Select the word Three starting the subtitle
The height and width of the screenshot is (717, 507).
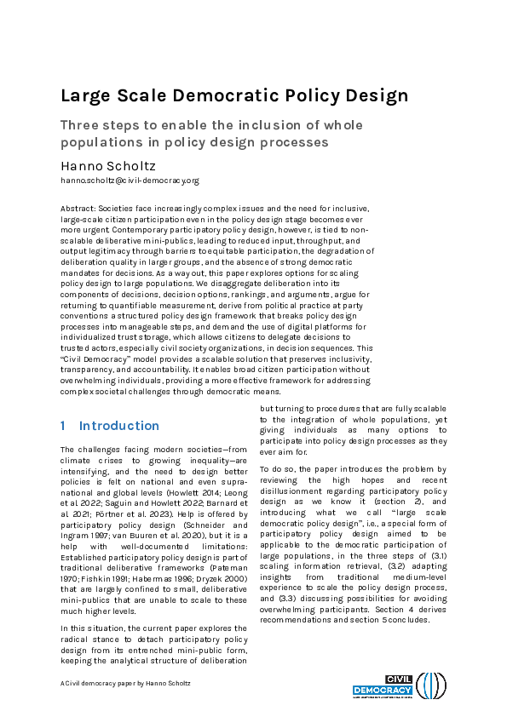78,125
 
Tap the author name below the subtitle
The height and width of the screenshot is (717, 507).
107,164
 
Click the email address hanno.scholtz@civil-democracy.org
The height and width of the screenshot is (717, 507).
129,181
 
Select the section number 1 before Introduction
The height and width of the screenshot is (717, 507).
63,426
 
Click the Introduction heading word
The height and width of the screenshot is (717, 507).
119,426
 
